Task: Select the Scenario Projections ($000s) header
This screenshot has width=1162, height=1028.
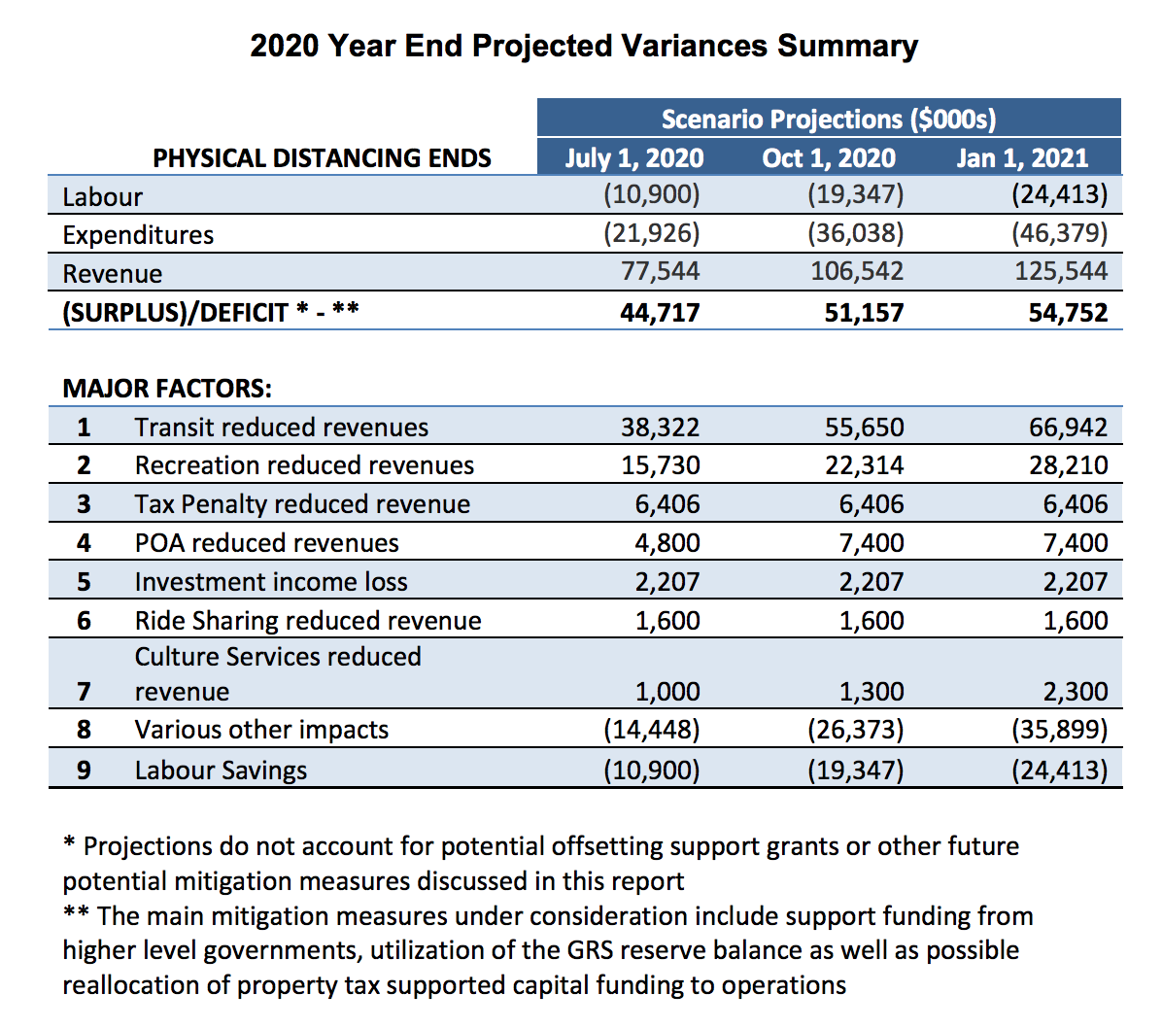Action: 829,119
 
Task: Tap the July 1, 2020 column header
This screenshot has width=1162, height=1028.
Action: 634,157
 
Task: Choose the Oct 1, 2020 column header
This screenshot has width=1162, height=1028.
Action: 829,157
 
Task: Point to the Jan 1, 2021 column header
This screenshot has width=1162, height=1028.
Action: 1022,157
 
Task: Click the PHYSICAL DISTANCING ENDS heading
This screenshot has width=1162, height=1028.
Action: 322,157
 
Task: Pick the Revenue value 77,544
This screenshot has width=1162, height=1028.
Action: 660,272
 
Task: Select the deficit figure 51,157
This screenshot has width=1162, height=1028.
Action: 864,312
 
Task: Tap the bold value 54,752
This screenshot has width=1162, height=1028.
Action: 1068,312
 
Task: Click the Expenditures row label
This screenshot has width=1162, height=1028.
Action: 138,235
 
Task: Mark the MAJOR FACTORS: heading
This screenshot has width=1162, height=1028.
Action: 167,389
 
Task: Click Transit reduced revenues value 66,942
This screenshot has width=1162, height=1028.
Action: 1068,428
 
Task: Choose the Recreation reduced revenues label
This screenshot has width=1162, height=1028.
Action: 304,465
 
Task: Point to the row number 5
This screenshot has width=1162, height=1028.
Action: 84,582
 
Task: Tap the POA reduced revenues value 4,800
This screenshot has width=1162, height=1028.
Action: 666,543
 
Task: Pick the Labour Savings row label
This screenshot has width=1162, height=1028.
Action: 221,771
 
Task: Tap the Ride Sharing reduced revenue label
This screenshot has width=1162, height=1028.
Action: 308,621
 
